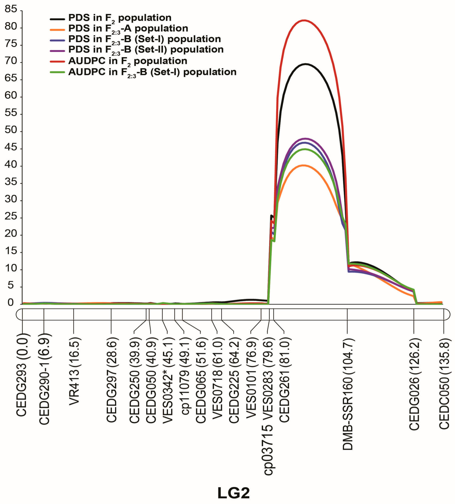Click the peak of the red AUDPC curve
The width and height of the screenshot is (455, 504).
point(304,20)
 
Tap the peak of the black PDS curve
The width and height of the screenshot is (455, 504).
point(305,64)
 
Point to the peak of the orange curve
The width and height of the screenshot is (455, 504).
point(304,165)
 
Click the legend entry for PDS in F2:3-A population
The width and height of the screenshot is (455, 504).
point(128,29)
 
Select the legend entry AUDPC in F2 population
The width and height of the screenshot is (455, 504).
point(128,61)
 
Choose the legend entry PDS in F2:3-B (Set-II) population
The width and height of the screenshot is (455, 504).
point(146,50)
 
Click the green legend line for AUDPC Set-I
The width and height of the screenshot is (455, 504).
point(57,72)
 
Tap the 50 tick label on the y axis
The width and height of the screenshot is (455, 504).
point(11,130)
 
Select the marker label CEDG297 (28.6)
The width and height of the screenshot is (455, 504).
point(111,380)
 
